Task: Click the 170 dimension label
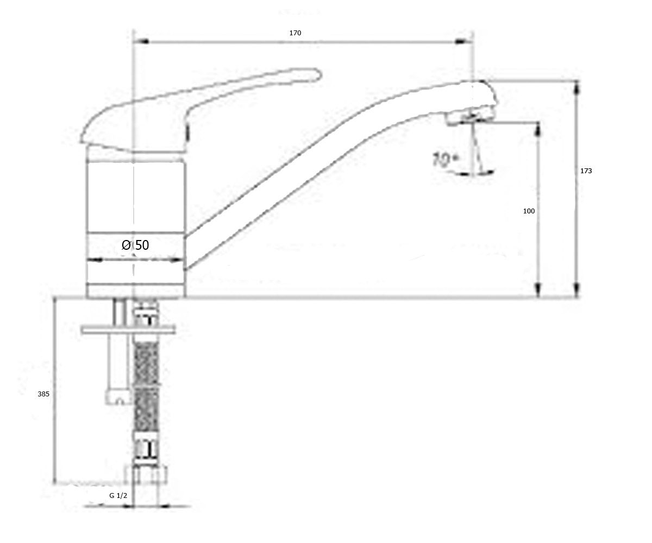click(295, 33)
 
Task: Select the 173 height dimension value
click(586, 171)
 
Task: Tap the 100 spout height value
click(529, 211)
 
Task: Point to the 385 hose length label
click(43, 394)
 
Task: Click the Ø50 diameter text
click(135, 245)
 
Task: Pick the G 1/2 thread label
click(118, 496)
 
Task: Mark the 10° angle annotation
click(444, 160)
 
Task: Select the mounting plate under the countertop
click(128, 330)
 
